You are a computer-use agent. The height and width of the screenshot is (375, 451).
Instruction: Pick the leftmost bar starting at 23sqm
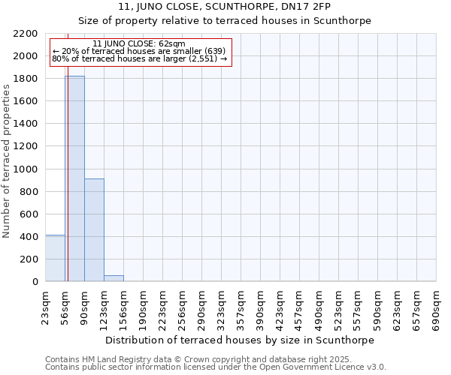coord(55,258)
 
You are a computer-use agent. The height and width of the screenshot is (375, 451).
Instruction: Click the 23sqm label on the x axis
coord(46,307)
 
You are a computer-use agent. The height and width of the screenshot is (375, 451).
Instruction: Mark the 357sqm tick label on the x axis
coord(241,307)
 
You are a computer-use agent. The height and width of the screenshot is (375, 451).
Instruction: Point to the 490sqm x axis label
coord(319,307)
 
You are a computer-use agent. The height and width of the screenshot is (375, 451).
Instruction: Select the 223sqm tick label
coord(163,307)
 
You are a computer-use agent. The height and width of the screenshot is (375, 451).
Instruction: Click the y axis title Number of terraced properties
coord(7,161)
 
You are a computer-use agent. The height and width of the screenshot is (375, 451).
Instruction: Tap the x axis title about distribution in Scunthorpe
coord(240,340)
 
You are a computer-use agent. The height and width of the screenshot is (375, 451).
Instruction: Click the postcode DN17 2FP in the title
coord(330,6)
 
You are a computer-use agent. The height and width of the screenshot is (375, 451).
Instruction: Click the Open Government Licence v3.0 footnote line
coord(216,367)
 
